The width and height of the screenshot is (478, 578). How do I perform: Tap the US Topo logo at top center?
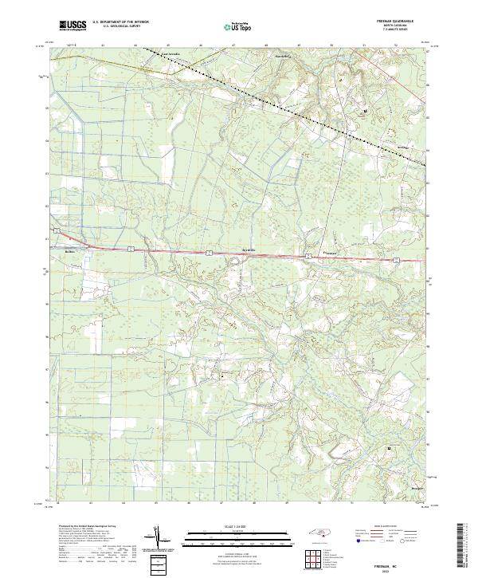tap(230, 26)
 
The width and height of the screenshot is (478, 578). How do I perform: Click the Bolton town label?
tap(70, 250)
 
